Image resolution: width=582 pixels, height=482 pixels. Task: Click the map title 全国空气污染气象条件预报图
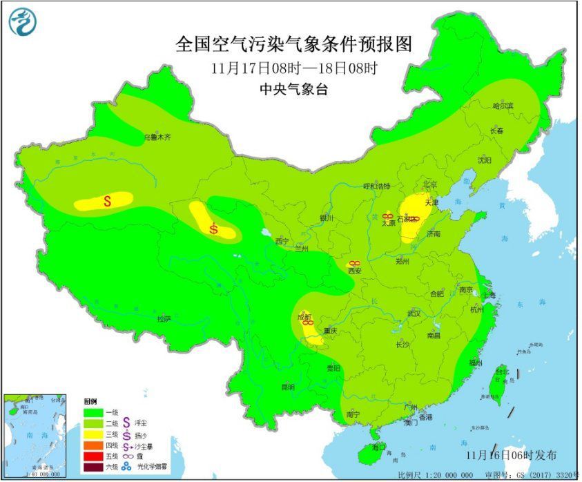pyautogui.click(x=293, y=44)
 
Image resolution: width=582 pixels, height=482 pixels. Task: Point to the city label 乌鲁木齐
pyautogui.click(x=157, y=137)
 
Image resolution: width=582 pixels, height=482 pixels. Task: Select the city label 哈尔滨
pyautogui.click(x=503, y=106)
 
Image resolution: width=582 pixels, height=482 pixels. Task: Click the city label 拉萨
pyautogui.click(x=163, y=319)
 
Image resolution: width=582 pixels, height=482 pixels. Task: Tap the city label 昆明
pyautogui.click(x=287, y=387)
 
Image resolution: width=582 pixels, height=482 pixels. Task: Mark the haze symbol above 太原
pyautogui.click(x=387, y=216)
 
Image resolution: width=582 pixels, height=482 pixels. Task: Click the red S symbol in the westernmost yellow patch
pyautogui.click(x=107, y=201)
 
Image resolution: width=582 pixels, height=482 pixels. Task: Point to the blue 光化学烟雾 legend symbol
pyautogui.click(x=126, y=467)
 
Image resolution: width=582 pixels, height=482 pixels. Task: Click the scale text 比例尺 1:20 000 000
pyautogui.click(x=435, y=476)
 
